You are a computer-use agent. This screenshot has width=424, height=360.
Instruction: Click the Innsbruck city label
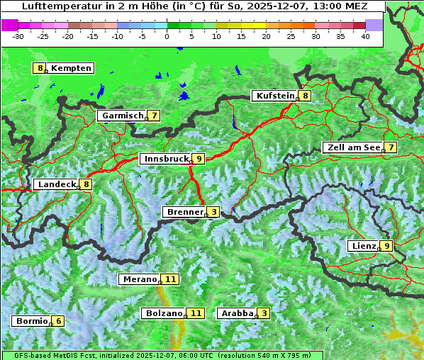click(165, 159)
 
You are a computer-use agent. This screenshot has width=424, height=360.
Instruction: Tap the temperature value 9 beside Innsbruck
click(199, 159)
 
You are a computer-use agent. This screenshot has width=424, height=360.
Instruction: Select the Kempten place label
click(71, 69)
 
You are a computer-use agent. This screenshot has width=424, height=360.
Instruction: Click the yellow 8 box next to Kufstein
click(305, 96)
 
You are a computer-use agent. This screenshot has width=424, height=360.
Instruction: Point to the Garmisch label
click(123, 116)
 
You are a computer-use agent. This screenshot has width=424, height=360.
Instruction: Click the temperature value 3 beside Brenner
click(213, 212)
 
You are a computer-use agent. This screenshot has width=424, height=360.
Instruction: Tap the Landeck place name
click(56, 184)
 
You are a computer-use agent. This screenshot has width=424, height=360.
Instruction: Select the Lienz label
click(363, 246)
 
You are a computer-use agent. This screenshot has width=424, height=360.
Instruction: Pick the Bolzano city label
click(164, 313)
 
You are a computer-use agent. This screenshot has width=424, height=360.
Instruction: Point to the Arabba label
click(237, 313)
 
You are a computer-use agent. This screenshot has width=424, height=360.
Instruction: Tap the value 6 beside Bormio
click(59, 321)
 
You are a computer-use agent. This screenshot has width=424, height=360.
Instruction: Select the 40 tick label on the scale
click(365, 35)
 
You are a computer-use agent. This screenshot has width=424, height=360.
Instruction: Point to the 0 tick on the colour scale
click(167, 35)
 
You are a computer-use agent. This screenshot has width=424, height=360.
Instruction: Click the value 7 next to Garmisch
click(154, 116)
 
